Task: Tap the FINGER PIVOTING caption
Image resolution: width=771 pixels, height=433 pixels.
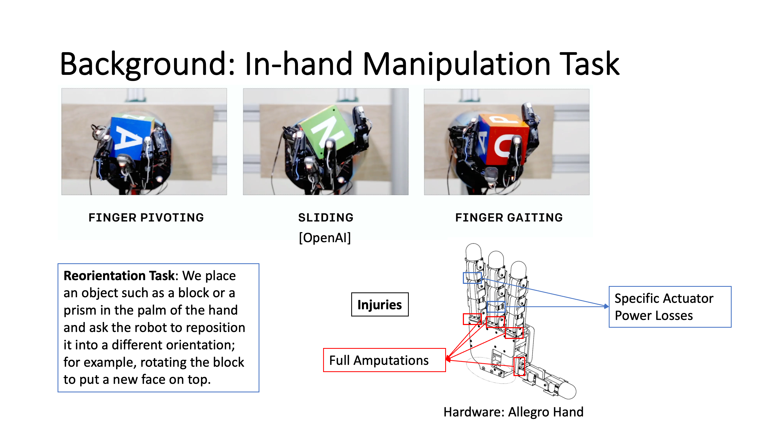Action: [146, 218]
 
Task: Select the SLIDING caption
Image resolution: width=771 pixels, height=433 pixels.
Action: [326, 218]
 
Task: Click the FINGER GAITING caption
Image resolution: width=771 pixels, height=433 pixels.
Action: [509, 218]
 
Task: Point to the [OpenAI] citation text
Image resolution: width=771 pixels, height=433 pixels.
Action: [325, 238]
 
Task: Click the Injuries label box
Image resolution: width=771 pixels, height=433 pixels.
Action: [380, 304]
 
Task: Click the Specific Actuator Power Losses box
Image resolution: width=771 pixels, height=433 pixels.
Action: [670, 307]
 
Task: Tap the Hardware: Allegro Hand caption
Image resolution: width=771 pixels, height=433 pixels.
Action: [513, 412]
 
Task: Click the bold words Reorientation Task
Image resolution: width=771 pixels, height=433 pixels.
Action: [119, 276]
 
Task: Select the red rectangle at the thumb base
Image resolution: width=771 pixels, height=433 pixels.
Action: [519, 366]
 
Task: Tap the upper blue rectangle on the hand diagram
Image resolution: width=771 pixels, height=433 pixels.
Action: [472, 278]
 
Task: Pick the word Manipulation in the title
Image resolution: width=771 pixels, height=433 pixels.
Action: [456, 64]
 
